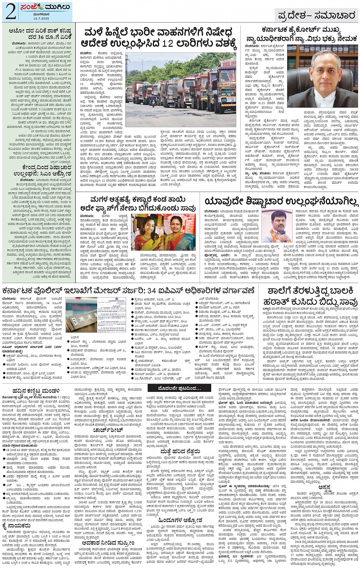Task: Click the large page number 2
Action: click(10, 12)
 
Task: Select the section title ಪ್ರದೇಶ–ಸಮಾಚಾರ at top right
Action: click(317, 16)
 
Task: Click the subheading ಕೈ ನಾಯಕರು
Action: click(17, 526)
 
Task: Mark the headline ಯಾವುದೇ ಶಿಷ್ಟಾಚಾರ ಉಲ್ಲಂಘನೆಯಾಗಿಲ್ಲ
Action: click(281, 202)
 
